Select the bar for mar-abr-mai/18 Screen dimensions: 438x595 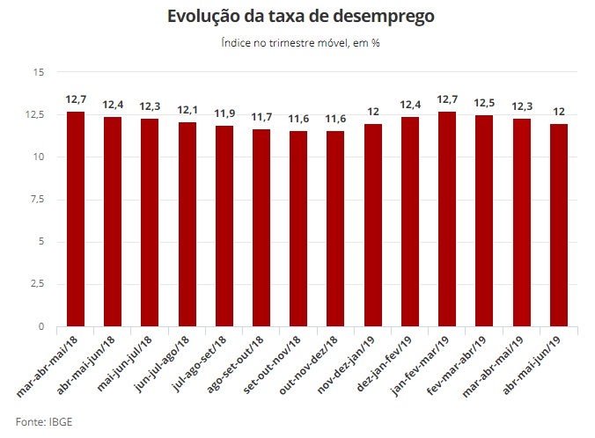point(76,219)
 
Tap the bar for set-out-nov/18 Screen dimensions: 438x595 point(298,229)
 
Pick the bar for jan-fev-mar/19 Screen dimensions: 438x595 point(447,219)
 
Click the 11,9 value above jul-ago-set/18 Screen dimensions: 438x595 point(224,114)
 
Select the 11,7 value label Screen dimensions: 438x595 point(261,117)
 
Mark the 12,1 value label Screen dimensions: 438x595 point(187,111)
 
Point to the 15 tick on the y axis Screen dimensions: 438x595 point(37,72)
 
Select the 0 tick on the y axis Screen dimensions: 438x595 point(40,327)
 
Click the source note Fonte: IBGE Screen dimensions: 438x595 point(44,422)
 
